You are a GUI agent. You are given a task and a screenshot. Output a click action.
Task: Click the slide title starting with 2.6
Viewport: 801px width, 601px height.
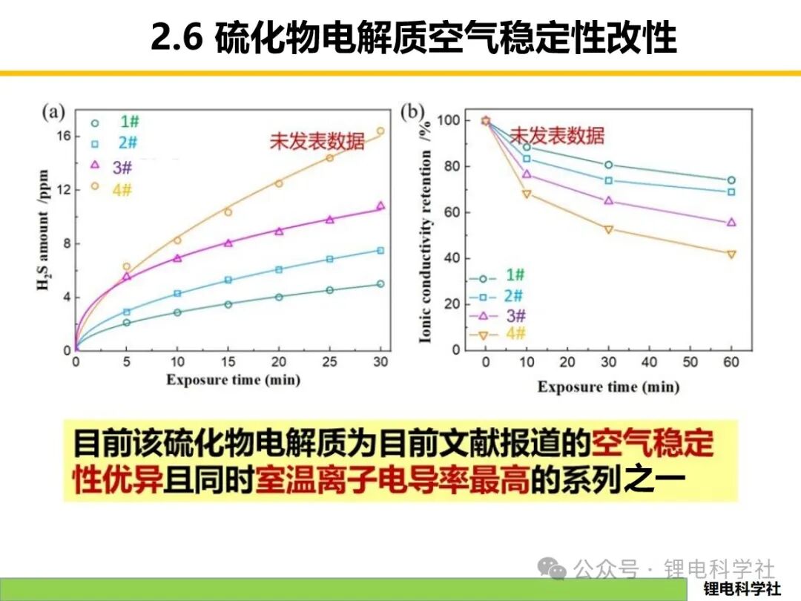click(x=413, y=37)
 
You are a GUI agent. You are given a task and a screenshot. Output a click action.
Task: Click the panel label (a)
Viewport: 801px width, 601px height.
click(x=53, y=112)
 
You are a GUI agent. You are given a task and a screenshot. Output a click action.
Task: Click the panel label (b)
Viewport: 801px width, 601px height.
click(x=412, y=112)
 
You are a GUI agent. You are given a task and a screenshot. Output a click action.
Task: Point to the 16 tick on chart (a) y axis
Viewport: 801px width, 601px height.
click(x=63, y=136)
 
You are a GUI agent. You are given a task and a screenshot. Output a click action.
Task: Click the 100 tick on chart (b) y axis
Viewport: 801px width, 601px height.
click(x=449, y=120)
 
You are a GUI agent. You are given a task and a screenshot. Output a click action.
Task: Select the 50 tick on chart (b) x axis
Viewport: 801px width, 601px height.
click(x=690, y=362)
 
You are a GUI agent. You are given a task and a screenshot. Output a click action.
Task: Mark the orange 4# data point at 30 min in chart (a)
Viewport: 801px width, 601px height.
click(x=380, y=131)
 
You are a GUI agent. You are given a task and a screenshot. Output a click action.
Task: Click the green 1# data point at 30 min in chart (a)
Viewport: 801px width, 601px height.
click(x=380, y=284)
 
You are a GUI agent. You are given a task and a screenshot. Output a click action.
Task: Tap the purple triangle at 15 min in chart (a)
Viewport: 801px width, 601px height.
click(x=228, y=243)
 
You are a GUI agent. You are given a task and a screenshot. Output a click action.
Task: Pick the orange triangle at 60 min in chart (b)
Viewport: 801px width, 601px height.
click(x=731, y=254)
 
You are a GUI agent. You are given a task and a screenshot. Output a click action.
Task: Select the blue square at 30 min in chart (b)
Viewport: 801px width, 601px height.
click(x=608, y=180)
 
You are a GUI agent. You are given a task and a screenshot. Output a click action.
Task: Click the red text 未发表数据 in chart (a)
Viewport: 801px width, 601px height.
click(x=317, y=141)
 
